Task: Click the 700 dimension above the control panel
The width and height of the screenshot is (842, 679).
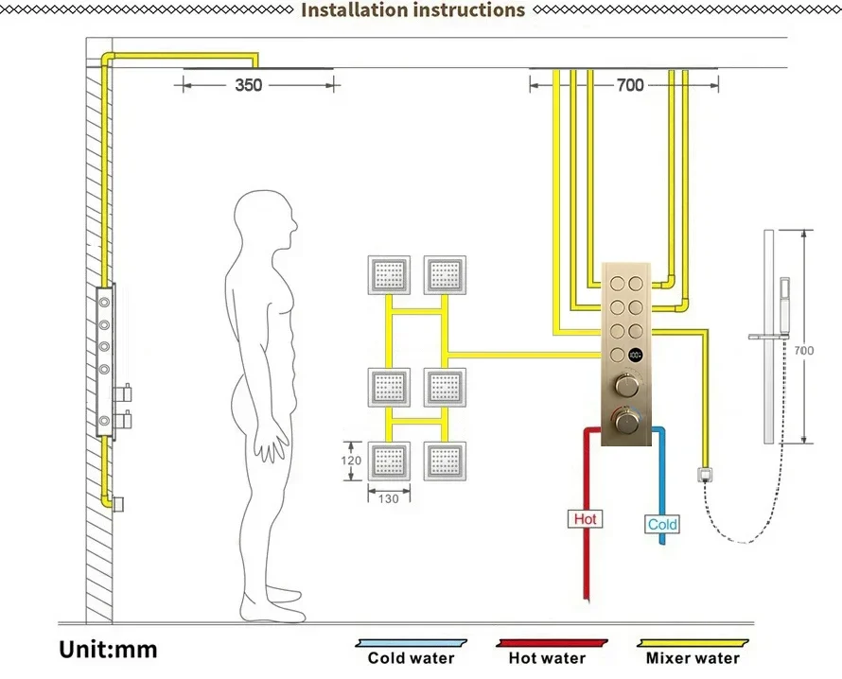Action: click(629, 85)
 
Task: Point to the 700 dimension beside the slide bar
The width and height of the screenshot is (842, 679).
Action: click(803, 351)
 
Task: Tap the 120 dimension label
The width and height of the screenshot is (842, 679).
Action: click(351, 460)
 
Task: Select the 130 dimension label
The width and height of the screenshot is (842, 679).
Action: click(389, 498)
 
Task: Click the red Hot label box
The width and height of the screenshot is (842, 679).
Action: click(586, 519)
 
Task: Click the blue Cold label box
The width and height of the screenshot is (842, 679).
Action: click(662, 524)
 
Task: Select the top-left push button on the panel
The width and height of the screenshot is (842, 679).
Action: click(617, 281)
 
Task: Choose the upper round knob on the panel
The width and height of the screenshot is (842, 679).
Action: click(625, 386)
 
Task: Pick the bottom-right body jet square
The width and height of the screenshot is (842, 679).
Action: click(445, 461)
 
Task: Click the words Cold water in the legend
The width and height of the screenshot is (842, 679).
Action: click(411, 658)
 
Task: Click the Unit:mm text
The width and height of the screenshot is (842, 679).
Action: click(108, 650)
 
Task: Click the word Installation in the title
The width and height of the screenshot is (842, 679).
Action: click(353, 10)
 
